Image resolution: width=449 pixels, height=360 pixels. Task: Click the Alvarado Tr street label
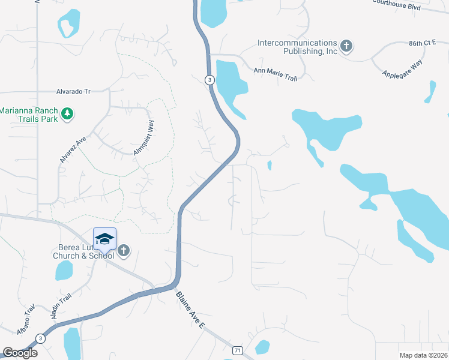coord(73,92)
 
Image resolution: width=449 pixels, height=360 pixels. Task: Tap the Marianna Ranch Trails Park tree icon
coord(68,113)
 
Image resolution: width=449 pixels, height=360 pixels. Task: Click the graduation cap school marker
coord(104,239)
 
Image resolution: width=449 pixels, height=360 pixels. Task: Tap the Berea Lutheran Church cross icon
coord(124,250)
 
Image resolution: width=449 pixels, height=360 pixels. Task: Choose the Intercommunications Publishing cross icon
coord(346,46)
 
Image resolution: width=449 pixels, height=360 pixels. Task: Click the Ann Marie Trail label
coord(275,70)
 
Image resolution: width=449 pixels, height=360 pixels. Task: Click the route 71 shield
coord(238,350)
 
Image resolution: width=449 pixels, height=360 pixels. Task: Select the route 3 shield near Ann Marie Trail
coord(209,80)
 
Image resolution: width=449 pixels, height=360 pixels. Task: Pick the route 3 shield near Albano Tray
coord(40,338)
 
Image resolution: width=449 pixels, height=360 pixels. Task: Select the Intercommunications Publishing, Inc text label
coord(297,47)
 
